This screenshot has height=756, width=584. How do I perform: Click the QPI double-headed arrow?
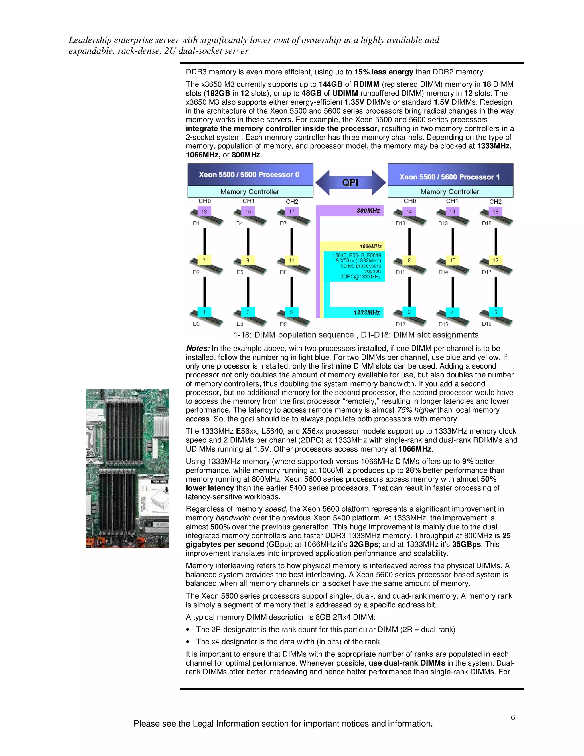coord(350,182)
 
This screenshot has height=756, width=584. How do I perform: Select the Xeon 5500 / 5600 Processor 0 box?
coord(250,175)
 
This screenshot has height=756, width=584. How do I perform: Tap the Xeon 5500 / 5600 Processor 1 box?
coord(450,177)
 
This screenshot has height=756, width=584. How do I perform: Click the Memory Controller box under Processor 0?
coord(250,192)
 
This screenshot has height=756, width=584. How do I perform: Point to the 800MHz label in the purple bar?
coord(368,211)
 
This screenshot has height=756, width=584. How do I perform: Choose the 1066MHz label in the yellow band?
coord(370,246)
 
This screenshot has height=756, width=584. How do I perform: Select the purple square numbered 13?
coord(204,211)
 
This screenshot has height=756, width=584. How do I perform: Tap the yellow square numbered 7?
coord(204,260)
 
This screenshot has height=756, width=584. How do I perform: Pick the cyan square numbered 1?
coord(204,312)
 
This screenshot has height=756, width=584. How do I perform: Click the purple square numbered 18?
coord(495,211)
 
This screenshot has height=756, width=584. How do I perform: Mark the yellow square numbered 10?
coord(453,260)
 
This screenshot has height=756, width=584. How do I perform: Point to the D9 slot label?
coord(283,324)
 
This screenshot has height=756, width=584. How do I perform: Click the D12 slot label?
coord(400,324)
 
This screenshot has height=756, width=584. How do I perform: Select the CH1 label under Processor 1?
coord(452,201)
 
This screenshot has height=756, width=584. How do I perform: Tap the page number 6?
coord(513,717)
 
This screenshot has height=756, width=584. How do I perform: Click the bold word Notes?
coord(198,349)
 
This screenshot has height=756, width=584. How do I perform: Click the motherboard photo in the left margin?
coord(127,468)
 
